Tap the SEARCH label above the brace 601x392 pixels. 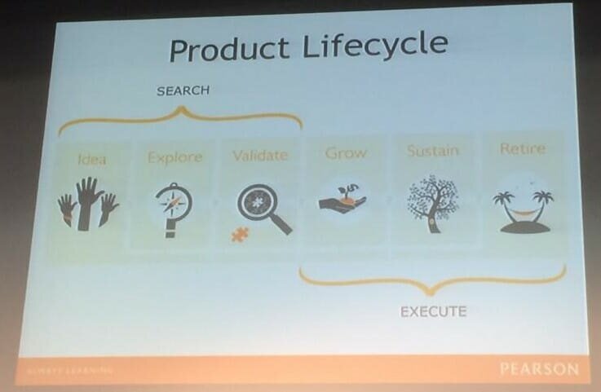point(183,91)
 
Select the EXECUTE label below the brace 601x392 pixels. point(433,311)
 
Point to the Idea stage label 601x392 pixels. point(91,157)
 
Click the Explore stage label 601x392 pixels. point(174,156)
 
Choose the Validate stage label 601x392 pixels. point(259,155)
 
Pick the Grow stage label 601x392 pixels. point(346,152)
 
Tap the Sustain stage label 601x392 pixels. point(432,151)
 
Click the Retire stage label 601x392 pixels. point(522,149)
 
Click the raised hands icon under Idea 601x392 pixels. point(89,204)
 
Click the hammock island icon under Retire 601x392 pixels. point(523,210)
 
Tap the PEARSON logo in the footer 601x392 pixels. point(539,369)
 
